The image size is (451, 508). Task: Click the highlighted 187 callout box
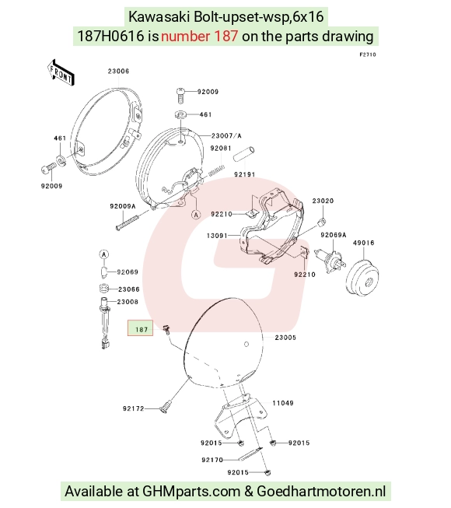140,328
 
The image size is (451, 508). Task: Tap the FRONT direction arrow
61,73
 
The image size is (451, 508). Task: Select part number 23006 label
118,72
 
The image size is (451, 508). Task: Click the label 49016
364,243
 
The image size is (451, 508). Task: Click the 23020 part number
323,201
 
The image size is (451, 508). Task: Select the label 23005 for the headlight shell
285,338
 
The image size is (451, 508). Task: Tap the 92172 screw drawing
165,406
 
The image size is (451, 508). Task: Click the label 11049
283,403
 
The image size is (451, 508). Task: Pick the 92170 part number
212,460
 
